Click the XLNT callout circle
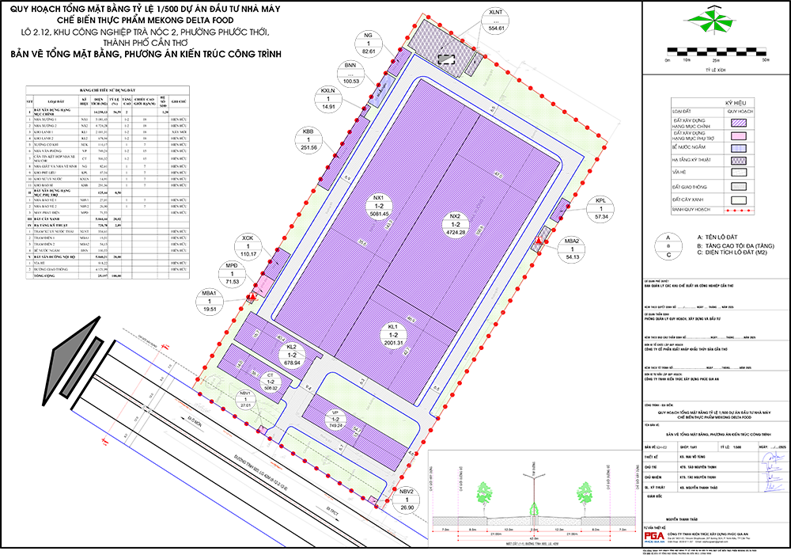(497, 20)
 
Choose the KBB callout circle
(309, 139)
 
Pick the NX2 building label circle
(455, 223)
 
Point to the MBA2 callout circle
(573, 249)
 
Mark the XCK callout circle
(248, 246)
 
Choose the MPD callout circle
(232, 273)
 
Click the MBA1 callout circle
(210, 302)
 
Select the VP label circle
(335, 419)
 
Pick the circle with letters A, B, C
(668, 246)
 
